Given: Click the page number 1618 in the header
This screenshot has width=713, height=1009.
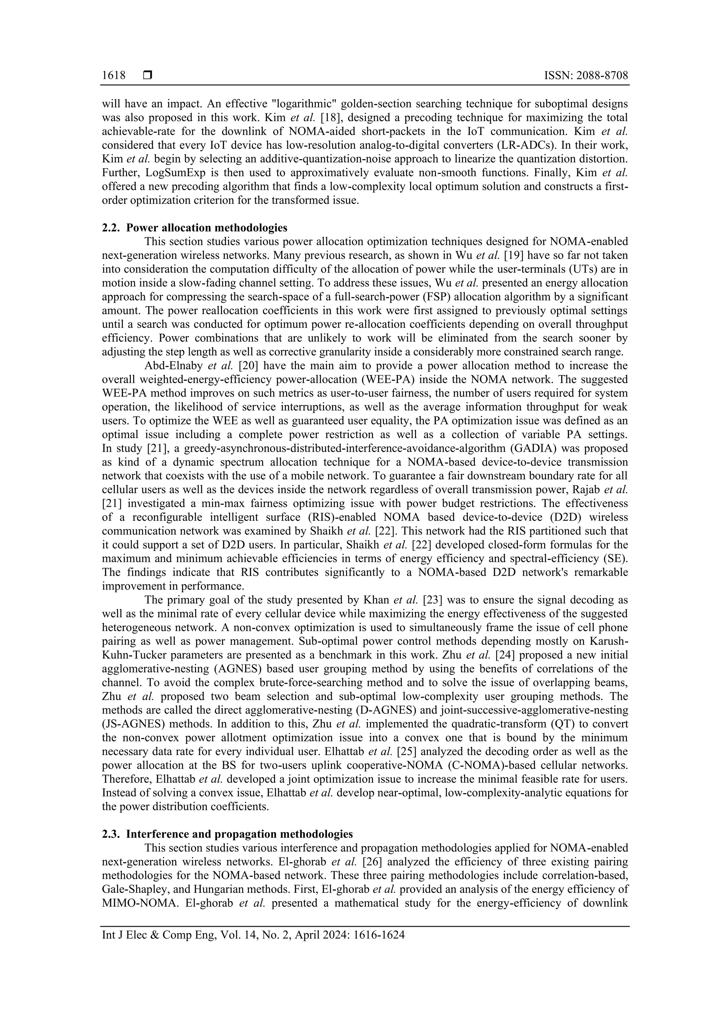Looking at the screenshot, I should click(113, 76).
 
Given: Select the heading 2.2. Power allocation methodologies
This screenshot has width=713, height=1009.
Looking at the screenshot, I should click(195, 228).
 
